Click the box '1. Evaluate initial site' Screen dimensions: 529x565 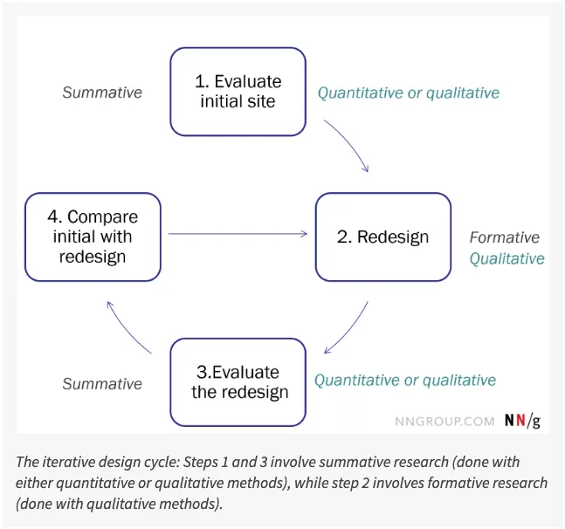(238, 92)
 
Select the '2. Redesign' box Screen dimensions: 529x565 (382, 237)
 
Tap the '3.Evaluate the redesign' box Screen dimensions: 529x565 (238, 381)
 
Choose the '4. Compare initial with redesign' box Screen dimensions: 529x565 (93, 237)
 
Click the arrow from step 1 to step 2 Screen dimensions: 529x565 (349, 144)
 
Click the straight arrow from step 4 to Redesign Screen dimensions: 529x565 (238, 233)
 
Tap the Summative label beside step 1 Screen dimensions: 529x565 (102, 93)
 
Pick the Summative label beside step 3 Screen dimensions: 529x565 (102, 383)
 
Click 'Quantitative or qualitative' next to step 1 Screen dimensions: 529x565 (408, 93)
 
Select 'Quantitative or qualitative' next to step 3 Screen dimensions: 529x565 (405, 381)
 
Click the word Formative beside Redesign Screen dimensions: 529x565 (504, 237)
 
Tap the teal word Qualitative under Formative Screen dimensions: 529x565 (506, 258)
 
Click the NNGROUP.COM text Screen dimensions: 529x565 (444, 421)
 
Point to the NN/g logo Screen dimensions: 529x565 (522, 421)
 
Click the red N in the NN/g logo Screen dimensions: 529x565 (520, 421)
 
